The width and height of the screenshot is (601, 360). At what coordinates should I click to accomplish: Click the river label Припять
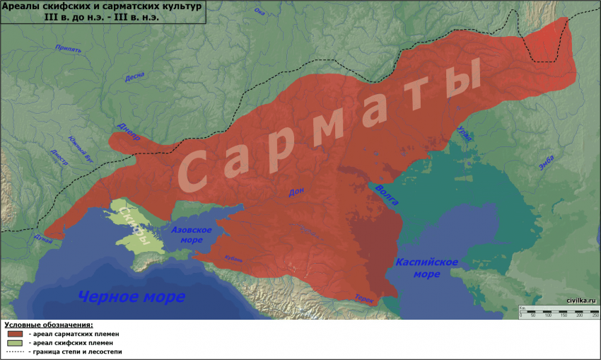coord(69,50)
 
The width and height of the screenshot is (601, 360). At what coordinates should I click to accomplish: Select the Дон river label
coord(296,192)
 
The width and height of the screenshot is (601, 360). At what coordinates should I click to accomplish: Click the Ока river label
coord(259,12)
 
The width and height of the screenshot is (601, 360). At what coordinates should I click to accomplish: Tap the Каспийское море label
coord(426,268)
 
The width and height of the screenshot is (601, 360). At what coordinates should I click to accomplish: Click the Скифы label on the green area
coord(135,226)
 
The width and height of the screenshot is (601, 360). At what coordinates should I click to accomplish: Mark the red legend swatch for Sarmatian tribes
coord(15,333)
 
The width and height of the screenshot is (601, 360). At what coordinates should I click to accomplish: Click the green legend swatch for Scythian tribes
coord(15,342)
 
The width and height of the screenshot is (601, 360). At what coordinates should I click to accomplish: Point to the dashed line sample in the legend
coord(15,352)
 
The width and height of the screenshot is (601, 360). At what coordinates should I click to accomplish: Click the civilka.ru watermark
coord(581,301)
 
